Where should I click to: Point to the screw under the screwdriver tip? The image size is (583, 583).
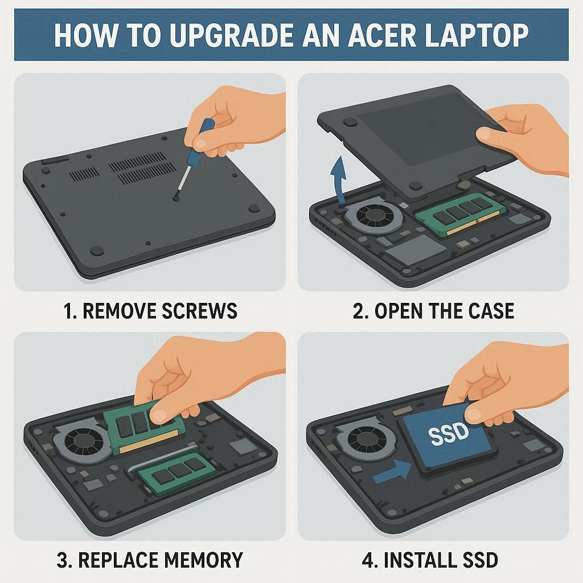176,199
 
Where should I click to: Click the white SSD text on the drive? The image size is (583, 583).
448,433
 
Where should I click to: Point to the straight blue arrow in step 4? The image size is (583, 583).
392,471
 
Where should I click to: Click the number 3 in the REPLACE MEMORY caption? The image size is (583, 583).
62,560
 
